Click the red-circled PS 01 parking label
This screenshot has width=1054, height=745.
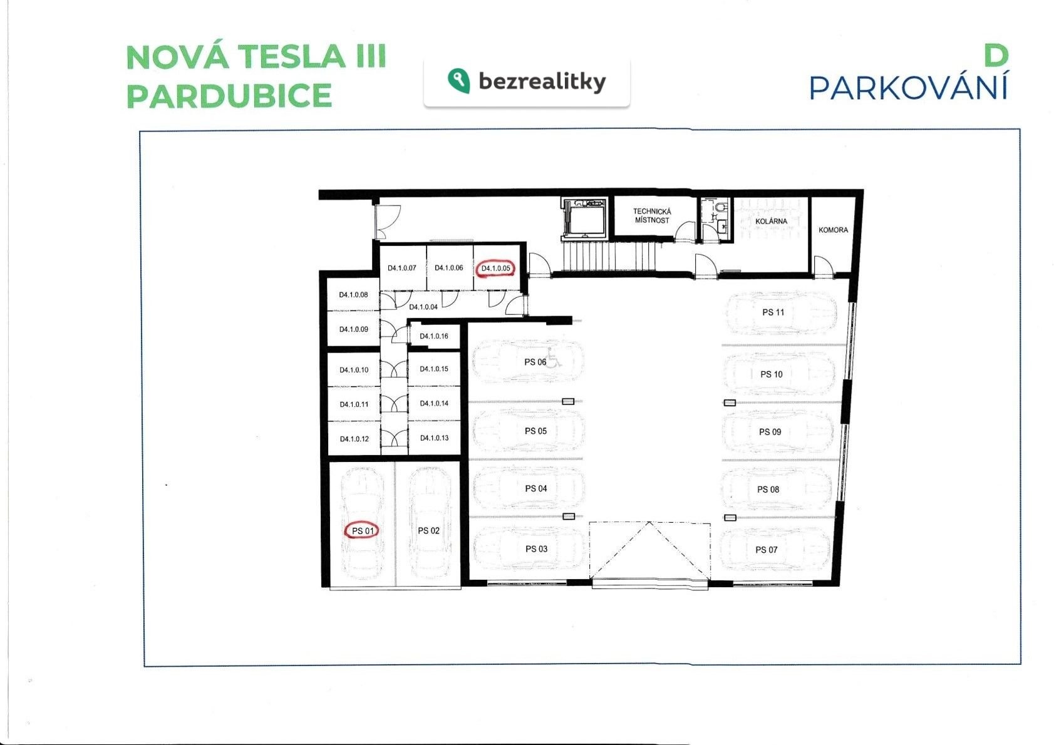[x=363, y=531]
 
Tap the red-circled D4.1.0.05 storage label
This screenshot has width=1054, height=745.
[x=495, y=269]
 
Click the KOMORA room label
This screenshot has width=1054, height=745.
[x=833, y=230]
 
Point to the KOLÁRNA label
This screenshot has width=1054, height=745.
[x=771, y=220]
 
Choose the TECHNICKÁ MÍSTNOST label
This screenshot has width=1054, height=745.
[x=652, y=216]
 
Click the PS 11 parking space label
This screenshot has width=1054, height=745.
[x=773, y=312]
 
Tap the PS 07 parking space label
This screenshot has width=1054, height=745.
[x=767, y=550]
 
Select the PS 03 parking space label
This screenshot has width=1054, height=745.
[x=536, y=549]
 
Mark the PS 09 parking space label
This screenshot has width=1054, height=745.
[x=770, y=432]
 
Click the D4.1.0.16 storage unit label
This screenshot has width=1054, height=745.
[x=434, y=336]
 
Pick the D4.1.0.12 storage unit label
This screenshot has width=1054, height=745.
[x=354, y=439]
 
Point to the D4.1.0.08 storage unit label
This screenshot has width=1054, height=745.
[x=353, y=295]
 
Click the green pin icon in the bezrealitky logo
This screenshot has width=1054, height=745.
[x=459, y=80]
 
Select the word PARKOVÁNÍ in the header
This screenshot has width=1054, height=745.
[x=909, y=85]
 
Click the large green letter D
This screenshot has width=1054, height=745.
[x=996, y=56]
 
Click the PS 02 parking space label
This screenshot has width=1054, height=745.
[x=428, y=531]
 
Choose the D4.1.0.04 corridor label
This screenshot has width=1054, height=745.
[x=423, y=307]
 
